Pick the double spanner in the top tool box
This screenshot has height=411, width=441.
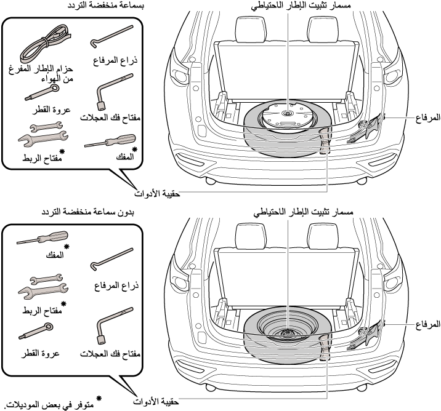40,131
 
